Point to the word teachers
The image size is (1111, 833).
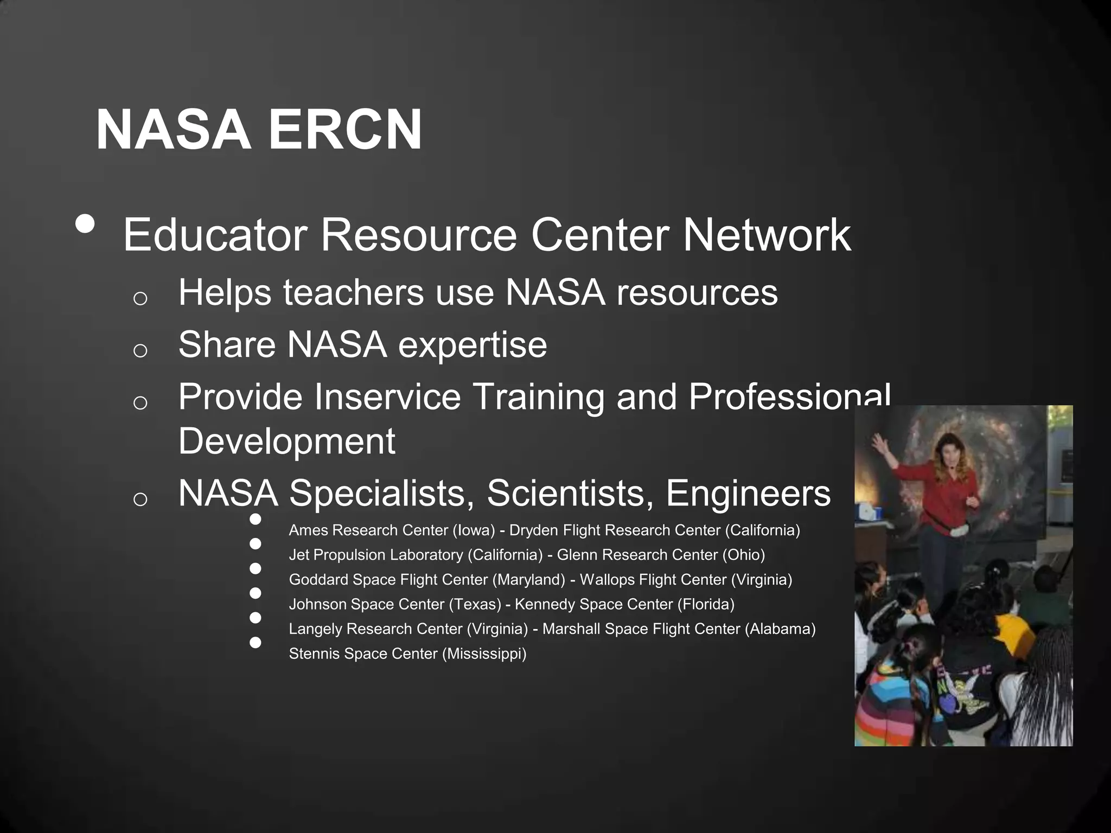tap(353, 292)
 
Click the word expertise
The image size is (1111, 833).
tap(473, 344)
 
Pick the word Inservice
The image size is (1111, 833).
tap(387, 396)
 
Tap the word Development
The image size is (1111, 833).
tap(286, 440)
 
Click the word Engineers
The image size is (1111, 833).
tap(748, 493)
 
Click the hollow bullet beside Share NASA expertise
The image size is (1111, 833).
tap(140, 350)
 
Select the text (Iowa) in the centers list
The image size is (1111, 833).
tap(474, 530)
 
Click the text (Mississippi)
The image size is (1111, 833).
tap(484, 653)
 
